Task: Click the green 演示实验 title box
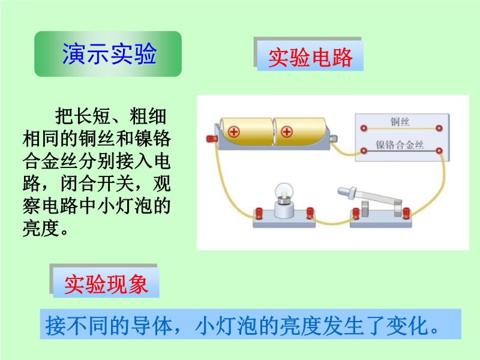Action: point(108,54)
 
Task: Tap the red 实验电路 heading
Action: point(310,57)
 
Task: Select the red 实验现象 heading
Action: point(106,284)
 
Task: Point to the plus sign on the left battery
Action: point(234,132)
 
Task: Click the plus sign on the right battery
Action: point(287,132)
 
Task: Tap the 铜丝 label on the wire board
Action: point(400,122)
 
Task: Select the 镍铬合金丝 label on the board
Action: point(400,145)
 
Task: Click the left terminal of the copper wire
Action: point(364,128)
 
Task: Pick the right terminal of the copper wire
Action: point(439,128)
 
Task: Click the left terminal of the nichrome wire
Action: point(364,151)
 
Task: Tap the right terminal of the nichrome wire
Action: point(439,151)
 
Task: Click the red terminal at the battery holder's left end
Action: point(212,139)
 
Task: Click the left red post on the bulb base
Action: point(259,213)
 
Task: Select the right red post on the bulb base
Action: point(310,212)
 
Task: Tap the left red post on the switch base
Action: point(356,213)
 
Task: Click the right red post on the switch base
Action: point(406,213)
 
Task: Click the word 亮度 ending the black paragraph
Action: point(41,229)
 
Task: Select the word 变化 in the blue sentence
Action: point(407,325)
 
